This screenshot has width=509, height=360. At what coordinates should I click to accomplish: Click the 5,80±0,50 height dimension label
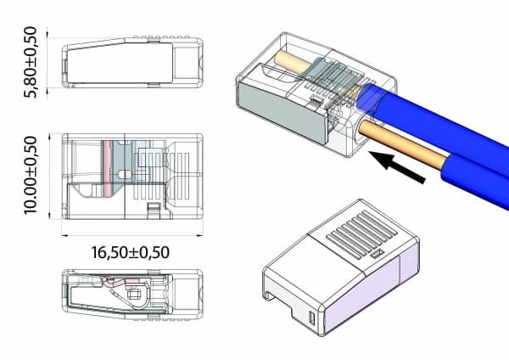[x=31, y=62]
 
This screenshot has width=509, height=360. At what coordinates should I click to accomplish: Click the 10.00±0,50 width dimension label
[x=31, y=176]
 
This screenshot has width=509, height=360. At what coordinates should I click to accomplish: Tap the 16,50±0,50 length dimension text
[x=130, y=252]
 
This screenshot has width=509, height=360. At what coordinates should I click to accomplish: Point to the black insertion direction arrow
[x=398, y=166]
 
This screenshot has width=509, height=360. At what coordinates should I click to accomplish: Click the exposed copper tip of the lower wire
[x=402, y=145]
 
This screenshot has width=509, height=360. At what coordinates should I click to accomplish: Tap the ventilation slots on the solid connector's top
[x=362, y=233]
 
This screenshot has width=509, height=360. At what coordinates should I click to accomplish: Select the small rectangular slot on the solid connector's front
[x=312, y=318]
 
